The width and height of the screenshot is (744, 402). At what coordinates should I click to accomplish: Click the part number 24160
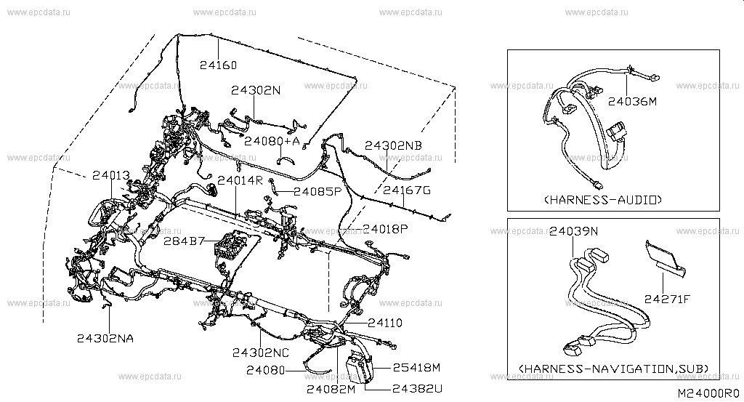tap(218, 65)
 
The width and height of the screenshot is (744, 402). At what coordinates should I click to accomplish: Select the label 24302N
tap(256, 91)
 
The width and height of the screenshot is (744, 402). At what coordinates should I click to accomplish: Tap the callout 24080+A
tap(272, 140)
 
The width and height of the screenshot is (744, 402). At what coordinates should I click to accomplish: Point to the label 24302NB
tap(392, 145)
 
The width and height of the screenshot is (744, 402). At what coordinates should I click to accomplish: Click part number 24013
tap(110, 175)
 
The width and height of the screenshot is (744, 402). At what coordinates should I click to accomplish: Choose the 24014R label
tap(239, 180)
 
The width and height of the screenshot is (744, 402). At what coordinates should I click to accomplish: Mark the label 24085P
tap(318, 192)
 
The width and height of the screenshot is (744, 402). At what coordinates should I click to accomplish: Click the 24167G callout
tap(407, 191)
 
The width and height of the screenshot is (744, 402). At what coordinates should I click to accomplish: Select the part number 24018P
tap(385, 228)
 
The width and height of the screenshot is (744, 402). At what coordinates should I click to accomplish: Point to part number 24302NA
tap(105, 337)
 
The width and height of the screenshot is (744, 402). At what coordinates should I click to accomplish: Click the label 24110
tap(384, 321)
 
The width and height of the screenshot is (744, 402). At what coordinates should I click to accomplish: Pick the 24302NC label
tap(261, 353)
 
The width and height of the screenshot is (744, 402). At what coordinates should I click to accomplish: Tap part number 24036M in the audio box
tap(632, 102)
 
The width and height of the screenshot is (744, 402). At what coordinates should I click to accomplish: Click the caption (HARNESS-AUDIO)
tap(602, 199)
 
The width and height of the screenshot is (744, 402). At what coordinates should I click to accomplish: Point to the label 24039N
tap(573, 232)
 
